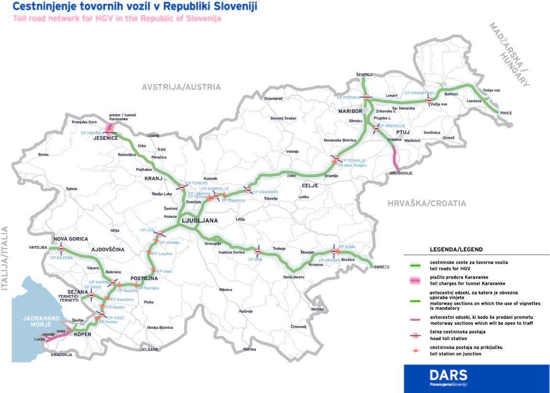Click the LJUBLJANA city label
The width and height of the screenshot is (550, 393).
(x=199, y=221)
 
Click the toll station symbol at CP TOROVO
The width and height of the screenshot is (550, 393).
(x=182, y=187)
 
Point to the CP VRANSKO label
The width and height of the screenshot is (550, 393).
(x=264, y=192)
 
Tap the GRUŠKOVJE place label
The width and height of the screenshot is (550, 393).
(x=401, y=173)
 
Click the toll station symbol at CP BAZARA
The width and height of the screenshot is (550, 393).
(x=61, y=249)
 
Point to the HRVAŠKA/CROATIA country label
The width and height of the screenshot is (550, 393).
(x=427, y=203)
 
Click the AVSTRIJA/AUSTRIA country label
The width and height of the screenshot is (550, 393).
(x=181, y=87)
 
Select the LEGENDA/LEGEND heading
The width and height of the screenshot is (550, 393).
(x=456, y=249)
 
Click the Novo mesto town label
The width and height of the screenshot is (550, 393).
(x=294, y=277)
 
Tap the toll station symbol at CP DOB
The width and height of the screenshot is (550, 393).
(x=258, y=251)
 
